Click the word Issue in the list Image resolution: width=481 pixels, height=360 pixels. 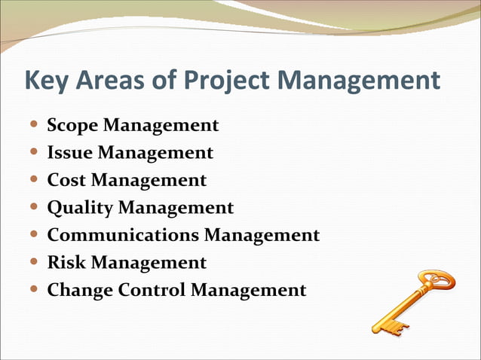[x=70, y=153]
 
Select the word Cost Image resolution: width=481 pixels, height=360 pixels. [x=66, y=180]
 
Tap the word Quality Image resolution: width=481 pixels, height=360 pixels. [x=80, y=207]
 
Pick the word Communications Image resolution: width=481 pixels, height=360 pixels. [x=124, y=235]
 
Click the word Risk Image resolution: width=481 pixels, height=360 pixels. [x=66, y=262]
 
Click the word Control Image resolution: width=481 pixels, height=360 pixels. [x=152, y=290]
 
